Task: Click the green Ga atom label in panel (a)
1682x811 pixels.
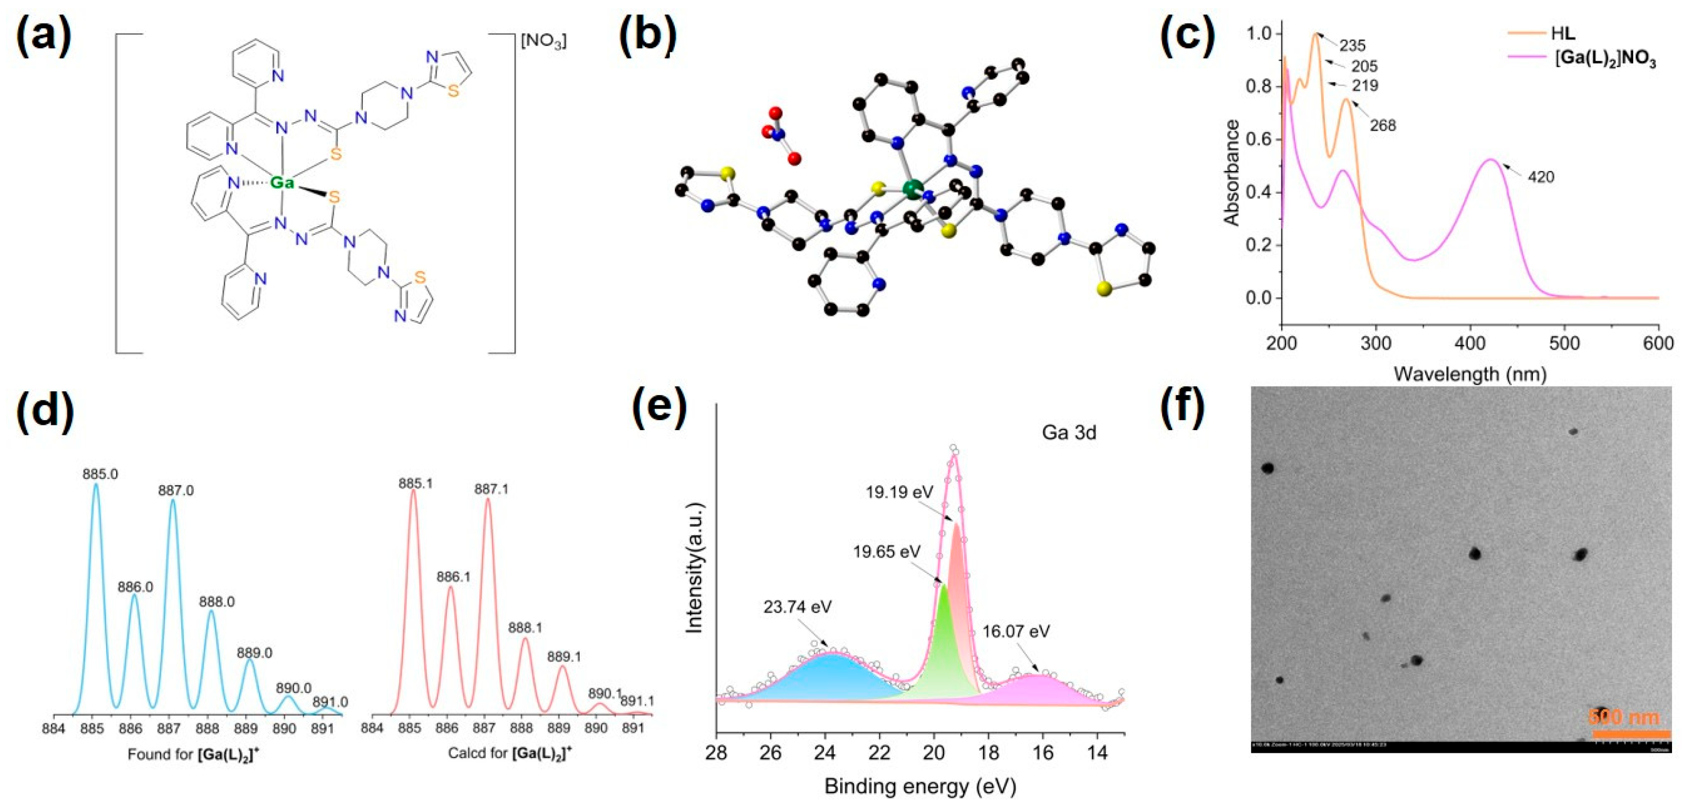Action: pos(282,183)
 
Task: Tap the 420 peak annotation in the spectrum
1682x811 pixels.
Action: pos(1541,177)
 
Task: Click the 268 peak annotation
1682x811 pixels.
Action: pos(1382,125)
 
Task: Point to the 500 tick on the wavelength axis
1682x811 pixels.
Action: pos(1564,343)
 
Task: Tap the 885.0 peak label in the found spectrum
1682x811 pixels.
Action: pos(100,474)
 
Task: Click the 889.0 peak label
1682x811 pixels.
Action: pos(255,653)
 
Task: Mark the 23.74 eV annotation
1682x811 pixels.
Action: pos(797,607)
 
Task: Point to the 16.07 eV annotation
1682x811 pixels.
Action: pos(1016,631)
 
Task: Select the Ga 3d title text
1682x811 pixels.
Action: pos(1068,432)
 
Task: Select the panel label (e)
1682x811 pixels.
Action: pos(659,409)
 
